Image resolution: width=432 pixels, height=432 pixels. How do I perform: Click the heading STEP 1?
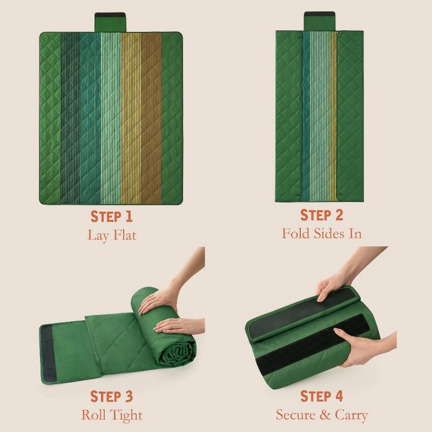point(112,217)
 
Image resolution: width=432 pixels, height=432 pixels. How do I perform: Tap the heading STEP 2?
point(321,215)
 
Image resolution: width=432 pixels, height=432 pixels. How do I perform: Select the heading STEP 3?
point(112,396)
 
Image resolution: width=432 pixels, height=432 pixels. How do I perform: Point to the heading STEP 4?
point(321,396)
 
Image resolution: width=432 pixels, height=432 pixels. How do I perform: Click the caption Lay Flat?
point(112,235)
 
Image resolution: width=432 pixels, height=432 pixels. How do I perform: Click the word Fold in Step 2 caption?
point(296,233)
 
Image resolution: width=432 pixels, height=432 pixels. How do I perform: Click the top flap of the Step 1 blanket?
point(110,22)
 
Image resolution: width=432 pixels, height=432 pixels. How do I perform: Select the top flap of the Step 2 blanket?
point(320,21)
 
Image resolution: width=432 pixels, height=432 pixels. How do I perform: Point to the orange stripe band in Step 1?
point(151,118)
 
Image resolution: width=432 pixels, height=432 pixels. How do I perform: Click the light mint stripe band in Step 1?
point(111,118)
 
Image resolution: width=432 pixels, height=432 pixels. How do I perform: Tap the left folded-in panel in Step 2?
point(289,116)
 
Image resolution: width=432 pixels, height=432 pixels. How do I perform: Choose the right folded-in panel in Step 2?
point(350,116)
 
